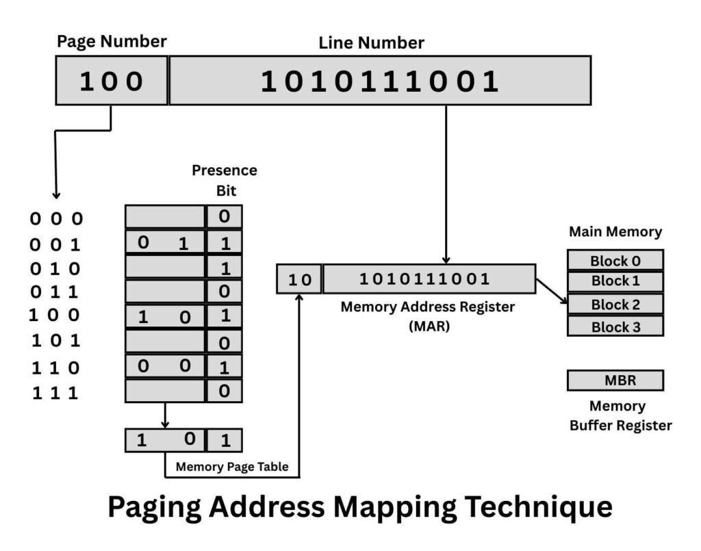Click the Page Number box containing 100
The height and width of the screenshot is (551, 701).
click(x=112, y=81)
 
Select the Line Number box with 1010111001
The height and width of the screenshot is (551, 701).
click(x=380, y=81)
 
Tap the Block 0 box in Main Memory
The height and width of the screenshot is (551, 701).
click(x=615, y=260)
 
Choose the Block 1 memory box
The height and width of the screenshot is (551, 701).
click(x=615, y=281)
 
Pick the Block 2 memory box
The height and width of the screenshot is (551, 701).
click(x=615, y=304)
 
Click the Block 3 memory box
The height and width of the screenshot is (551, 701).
click(x=615, y=326)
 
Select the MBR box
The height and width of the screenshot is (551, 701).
click(x=615, y=381)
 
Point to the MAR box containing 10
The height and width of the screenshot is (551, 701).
click(x=299, y=279)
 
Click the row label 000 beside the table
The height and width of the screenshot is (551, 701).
click(x=55, y=219)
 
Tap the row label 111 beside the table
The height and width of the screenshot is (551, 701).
click(x=55, y=393)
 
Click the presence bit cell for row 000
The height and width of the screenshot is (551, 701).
click(x=224, y=217)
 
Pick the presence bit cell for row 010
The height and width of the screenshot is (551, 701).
click(x=224, y=268)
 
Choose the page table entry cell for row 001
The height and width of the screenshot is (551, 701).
click(x=165, y=242)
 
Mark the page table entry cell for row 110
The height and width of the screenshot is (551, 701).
click(x=165, y=366)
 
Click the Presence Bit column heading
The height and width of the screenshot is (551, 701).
click(x=224, y=180)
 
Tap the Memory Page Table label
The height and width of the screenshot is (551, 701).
click(x=232, y=467)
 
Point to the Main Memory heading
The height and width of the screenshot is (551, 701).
click(x=615, y=232)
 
